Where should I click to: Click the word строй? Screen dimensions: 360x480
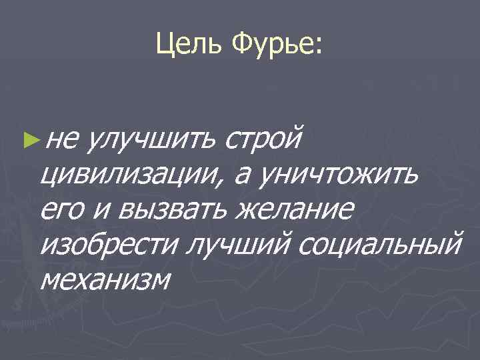pyautogui.click(x=264, y=139)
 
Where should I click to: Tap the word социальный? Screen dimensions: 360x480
pyautogui.click(x=380, y=245)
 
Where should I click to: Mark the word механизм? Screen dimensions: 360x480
pyautogui.click(x=105, y=280)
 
